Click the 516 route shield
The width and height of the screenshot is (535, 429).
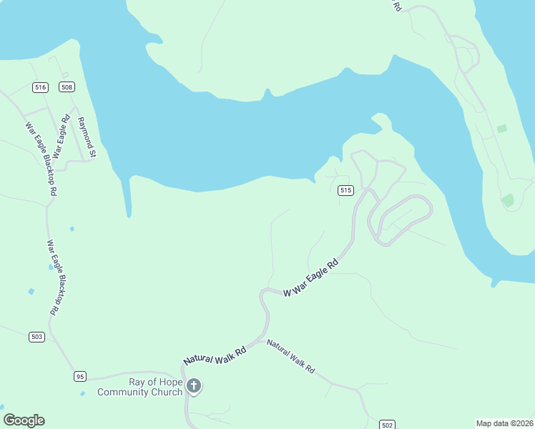coord(40,87)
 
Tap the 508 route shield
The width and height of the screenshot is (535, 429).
coord(67,87)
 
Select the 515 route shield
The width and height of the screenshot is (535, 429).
coord(346,190)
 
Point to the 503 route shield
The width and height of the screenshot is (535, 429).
coord(37,336)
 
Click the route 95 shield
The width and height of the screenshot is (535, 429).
coord(80,376)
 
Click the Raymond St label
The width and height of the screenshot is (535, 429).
coord(87,137)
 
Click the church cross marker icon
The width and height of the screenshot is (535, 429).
coord(193,387)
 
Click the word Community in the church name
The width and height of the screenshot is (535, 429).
coord(124,392)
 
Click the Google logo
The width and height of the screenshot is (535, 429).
coord(24,420)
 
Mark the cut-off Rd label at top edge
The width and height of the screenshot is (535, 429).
coord(397,5)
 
